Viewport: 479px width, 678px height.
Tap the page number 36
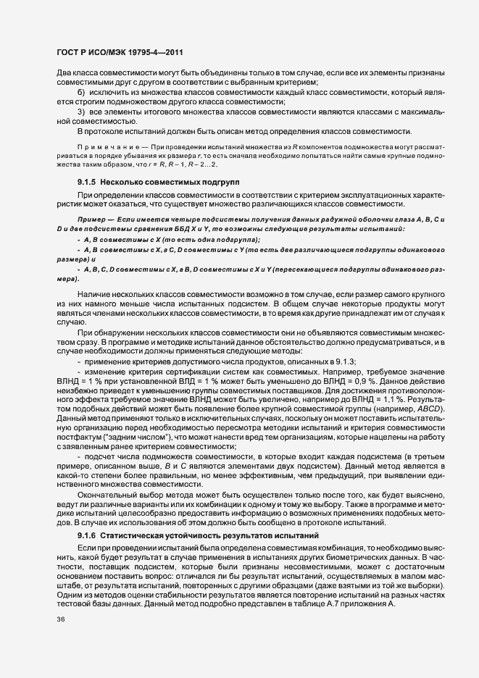[61, 640]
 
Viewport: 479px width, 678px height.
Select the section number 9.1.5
[87, 180]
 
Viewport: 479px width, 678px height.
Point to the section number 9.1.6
[87, 535]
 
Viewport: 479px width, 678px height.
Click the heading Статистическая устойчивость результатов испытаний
[206, 535]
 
